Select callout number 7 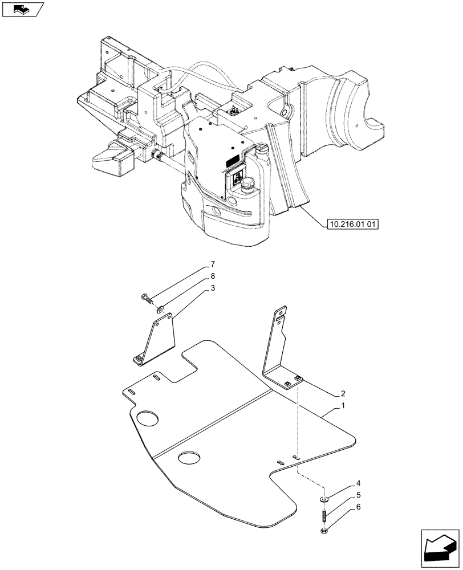click(213, 264)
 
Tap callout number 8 click(213, 276)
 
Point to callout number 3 click(213, 288)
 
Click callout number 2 click(343, 393)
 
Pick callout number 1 click(343, 405)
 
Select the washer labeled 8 click(162, 311)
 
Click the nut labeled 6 click(324, 533)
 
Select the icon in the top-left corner click(23, 9)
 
